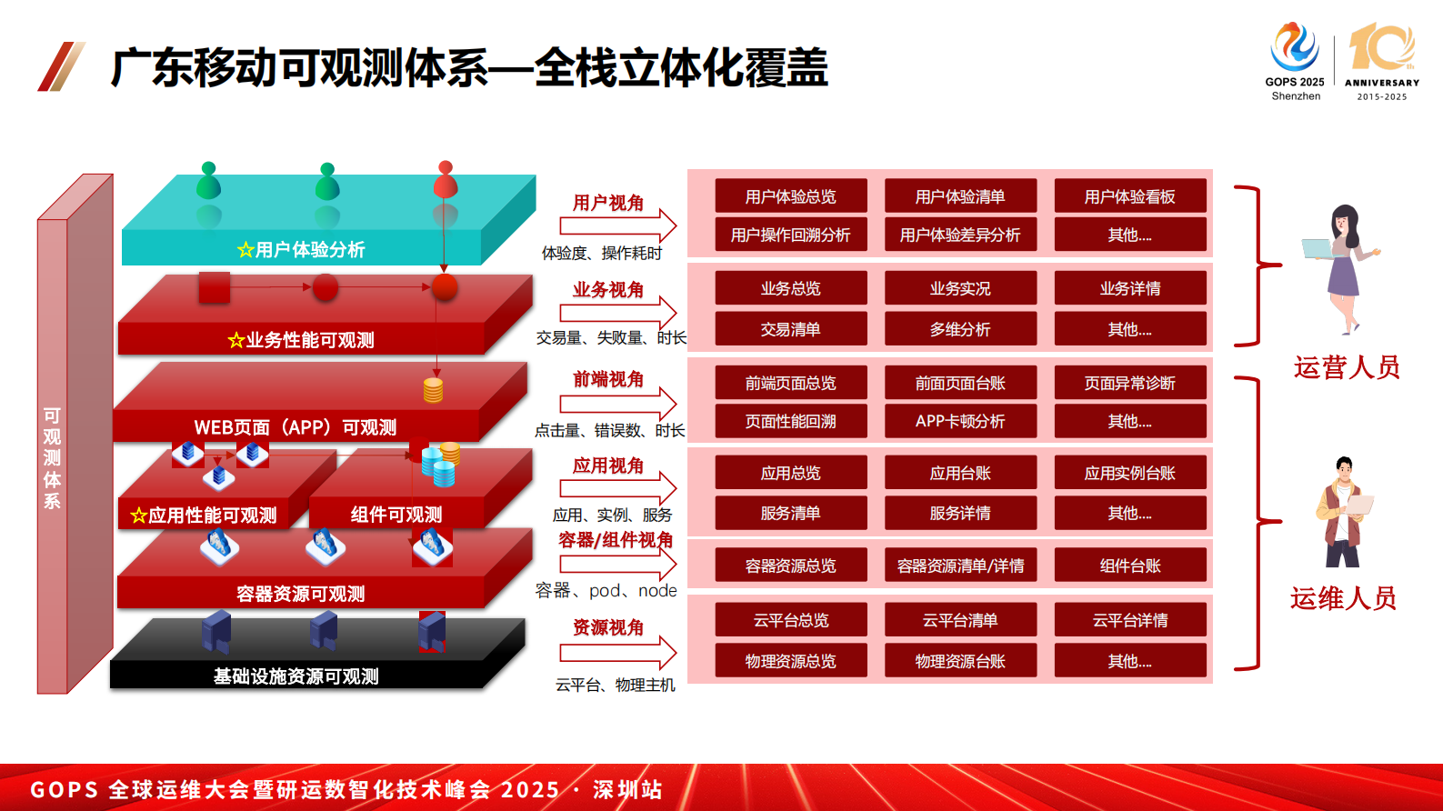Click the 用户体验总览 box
tap(790, 196)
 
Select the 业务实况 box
tap(960, 288)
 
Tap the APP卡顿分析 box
tap(960, 421)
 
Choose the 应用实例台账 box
tap(1129, 473)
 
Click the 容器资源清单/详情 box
tap(960, 566)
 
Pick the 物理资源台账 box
tap(960, 661)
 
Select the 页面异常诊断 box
tap(1129, 383)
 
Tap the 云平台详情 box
tap(1129, 620)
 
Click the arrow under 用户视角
tap(618, 225)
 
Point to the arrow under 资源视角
tap(618, 652)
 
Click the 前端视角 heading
tap(608, 379)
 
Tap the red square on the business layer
tap(215, 287)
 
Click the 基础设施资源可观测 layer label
tap(296, 676)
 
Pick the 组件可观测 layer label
tap(396, 515)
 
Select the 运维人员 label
tap(1343, 598)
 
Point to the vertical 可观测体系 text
tap(53, 458)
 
